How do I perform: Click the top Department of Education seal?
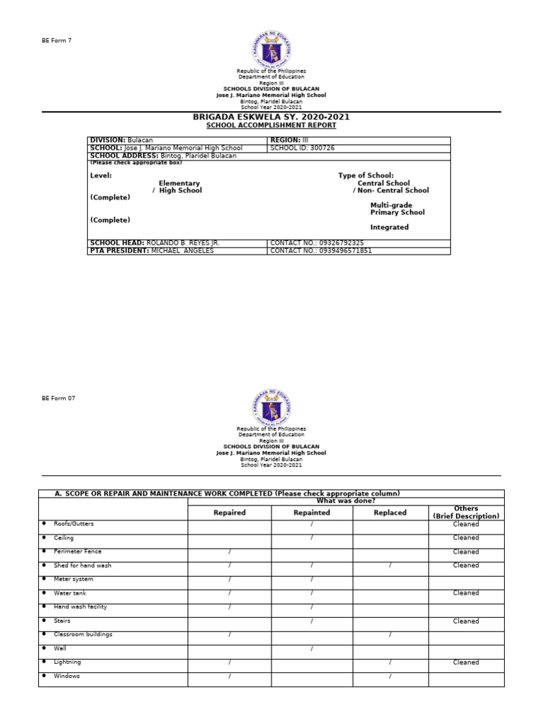point(271,49)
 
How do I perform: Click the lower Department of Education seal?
point(271,407)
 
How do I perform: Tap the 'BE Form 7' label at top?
point(57,40)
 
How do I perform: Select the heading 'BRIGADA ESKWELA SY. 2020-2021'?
point(271,117)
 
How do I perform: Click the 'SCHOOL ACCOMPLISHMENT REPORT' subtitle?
point(271,125)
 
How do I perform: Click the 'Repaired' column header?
point(229,513)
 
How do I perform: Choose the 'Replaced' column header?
point(390,513)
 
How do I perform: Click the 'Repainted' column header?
point(312,513)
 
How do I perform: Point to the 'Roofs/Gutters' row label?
point(74,524)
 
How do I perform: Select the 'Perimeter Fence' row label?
point(78,551)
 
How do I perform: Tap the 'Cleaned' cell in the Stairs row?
point(466,621)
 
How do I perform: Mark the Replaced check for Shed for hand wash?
point(390,566)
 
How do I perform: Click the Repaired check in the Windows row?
point(229,677)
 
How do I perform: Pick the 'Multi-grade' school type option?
point(391,205)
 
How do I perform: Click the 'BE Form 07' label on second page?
point(58,398)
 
